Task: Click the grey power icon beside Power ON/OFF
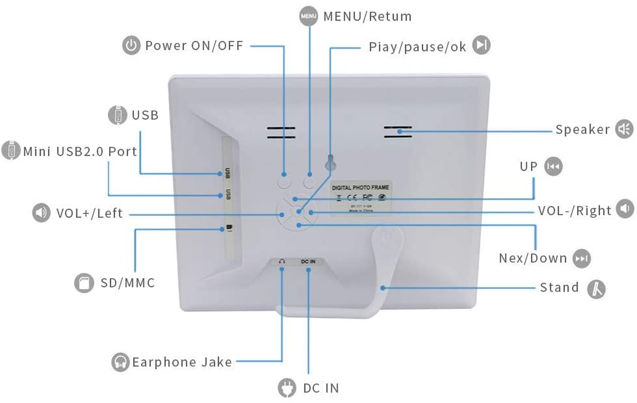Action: point(131,46)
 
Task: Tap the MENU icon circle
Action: point(308,16)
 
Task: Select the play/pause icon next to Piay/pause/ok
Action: point(481,46)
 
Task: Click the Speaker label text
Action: point(583,129)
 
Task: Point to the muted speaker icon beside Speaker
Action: point(624,129)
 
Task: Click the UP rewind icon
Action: point(553,167)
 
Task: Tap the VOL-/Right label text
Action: point(575,211)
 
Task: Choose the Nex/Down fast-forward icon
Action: point(582,258)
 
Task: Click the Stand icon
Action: point(596,289)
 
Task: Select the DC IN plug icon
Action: point(287,388)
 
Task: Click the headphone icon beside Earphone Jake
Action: point(120,362)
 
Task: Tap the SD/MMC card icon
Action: point(84,283)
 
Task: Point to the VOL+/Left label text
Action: point(89,213)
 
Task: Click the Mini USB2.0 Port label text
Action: point(80,152)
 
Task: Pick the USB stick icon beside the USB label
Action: point(117,115)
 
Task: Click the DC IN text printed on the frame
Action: point(308,262)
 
